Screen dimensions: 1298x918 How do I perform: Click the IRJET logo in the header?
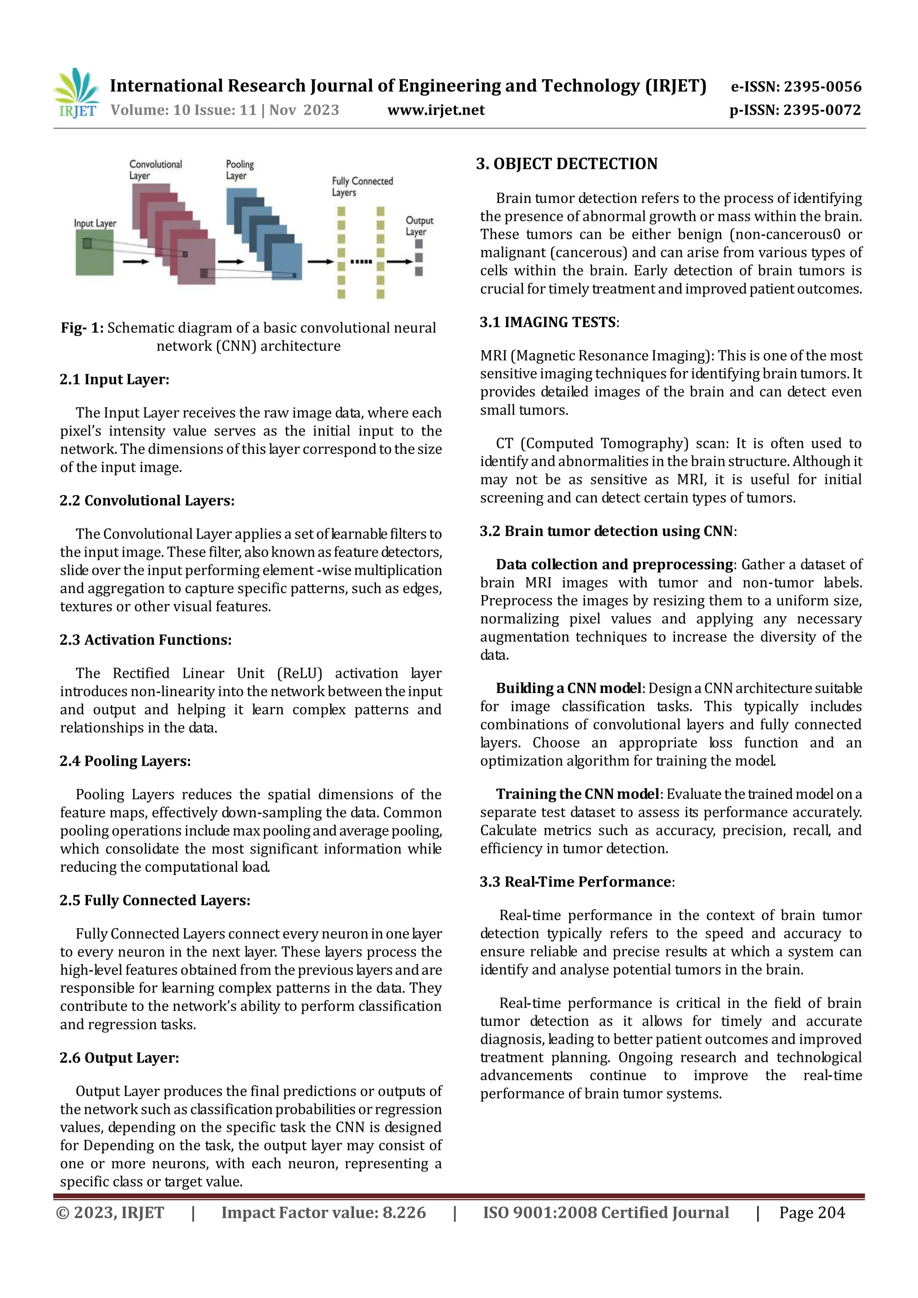tap(78, 94)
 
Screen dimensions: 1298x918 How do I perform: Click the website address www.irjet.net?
tap(436, 110)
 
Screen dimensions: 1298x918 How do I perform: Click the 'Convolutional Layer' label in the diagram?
tap(155, 170)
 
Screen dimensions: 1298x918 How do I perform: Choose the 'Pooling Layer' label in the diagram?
tap(240, 170)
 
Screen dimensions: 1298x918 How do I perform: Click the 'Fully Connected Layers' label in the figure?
tap(362, 186)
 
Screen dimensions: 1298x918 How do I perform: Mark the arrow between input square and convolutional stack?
tap(136, 262)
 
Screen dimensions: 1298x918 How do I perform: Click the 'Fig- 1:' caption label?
tap(82, 328)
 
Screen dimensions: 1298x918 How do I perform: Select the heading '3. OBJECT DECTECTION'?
tap(567, 164)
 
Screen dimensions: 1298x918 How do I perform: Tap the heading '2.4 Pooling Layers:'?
tap(125, 761)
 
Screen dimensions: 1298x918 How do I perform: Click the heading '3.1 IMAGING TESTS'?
tap(547, 322)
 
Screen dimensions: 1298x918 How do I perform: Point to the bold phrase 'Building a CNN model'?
tap(568, 688)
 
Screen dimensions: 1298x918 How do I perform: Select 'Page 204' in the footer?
tap(812, 1212)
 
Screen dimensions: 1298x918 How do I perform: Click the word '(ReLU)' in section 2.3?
tap(299, 673)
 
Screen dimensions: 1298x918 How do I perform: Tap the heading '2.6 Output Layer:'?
tap(119, 1058)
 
